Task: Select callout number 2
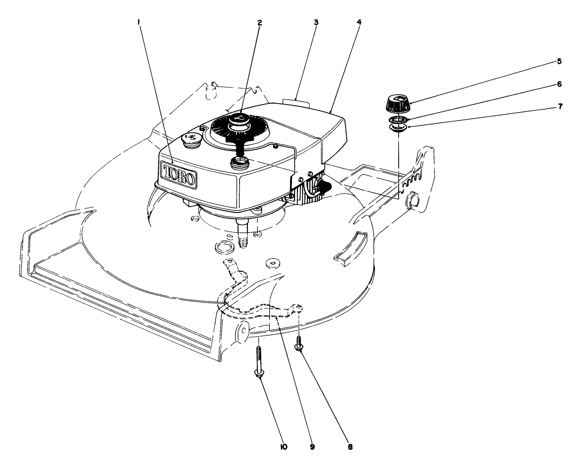click(260, 23)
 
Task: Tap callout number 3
click(316, 22)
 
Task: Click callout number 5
click(559, 61)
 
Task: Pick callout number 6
click(559, 84)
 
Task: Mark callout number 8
click(350, 447)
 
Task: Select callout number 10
click(283, 447)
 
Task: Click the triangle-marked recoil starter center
click(238, 119)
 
